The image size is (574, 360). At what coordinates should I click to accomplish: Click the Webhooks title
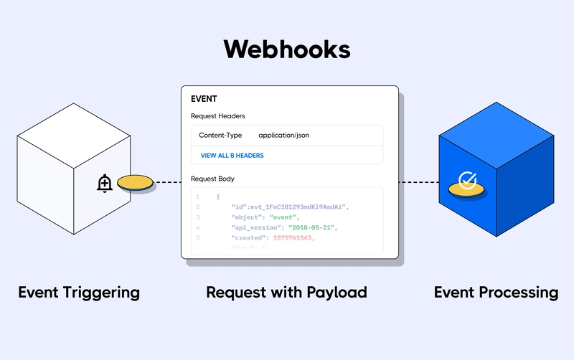tap(287, 49)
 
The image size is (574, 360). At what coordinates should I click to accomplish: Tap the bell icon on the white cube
tap(105, 184)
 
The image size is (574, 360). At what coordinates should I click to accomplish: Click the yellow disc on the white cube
tap(136, 184)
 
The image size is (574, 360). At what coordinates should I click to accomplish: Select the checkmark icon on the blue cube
tap(468, 180)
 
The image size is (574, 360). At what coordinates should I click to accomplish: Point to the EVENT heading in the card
tap(204, 99)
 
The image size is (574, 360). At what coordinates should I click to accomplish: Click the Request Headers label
tap(218, 115)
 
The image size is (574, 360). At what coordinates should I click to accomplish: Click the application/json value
tap(284, 136)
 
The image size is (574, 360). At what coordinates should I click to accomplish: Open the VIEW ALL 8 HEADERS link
tap(232, 156)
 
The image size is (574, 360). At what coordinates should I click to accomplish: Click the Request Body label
tap(212, 178)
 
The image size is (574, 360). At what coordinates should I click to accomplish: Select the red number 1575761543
tap(293, 238)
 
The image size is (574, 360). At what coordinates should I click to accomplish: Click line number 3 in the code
tap(198, 217)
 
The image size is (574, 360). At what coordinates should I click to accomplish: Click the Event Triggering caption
tap(79, 293)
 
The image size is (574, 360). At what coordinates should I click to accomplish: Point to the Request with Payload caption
tap(286, 293)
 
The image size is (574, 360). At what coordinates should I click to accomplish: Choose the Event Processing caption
tap(496, 293)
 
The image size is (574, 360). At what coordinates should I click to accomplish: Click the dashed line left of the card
tap(168, 183)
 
